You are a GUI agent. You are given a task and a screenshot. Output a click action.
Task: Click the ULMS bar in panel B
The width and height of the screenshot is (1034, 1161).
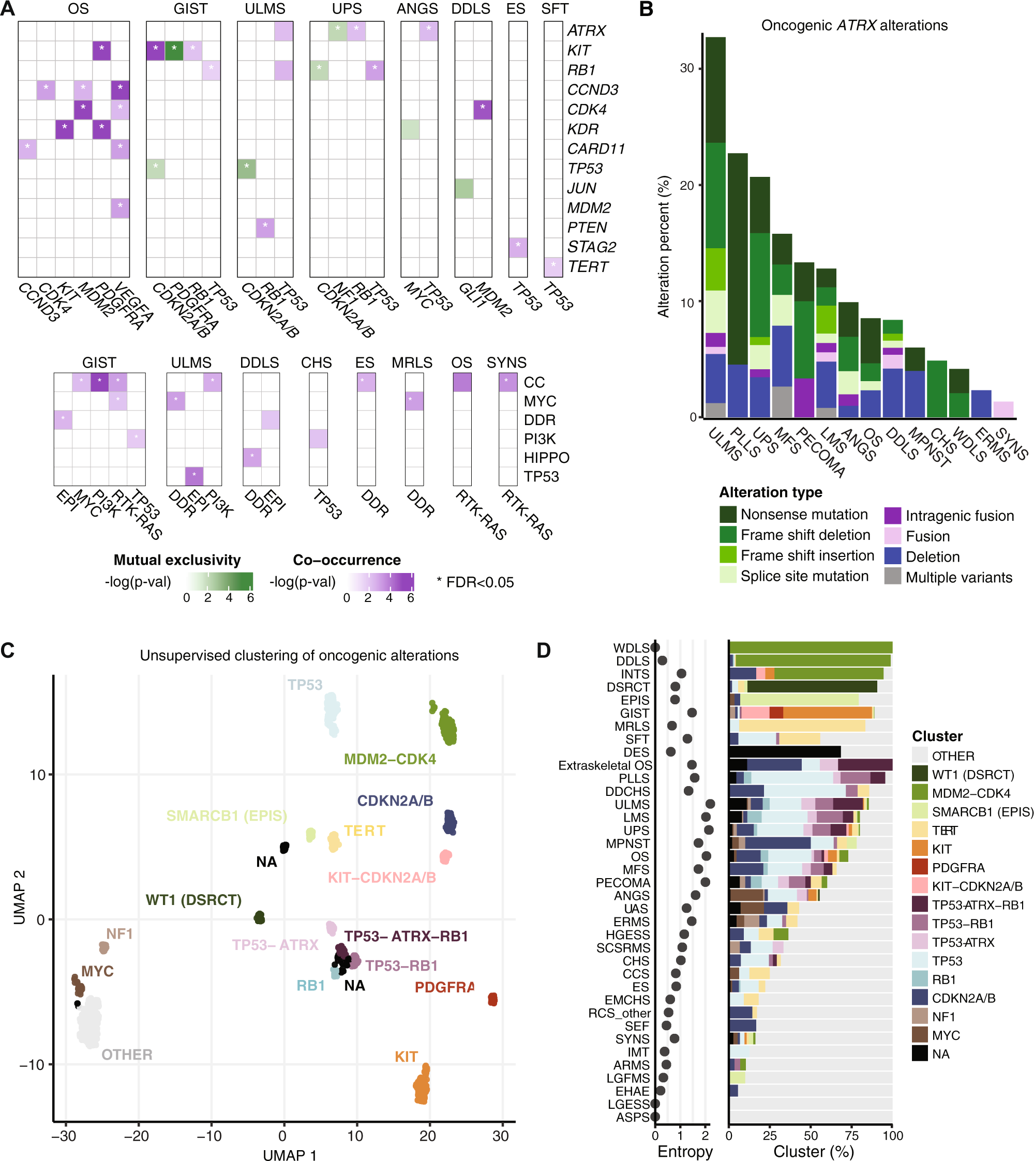point(715,227)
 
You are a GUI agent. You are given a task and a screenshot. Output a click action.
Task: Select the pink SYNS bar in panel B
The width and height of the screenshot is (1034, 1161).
point(1003,410)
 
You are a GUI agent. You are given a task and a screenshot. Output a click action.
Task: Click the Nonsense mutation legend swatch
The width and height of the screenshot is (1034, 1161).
point(728,515)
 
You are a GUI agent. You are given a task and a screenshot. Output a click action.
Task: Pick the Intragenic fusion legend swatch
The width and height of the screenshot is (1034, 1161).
point(893,516)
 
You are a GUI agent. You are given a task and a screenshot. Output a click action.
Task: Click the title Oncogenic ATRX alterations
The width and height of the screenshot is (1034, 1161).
point(854,25)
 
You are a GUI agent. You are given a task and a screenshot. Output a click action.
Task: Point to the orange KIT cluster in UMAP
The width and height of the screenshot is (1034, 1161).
point(421,1085)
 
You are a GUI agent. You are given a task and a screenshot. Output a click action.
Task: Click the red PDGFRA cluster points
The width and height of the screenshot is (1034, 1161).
point(492,999)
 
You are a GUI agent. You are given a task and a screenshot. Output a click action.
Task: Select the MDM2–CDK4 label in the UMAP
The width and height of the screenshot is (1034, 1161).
point(389,759)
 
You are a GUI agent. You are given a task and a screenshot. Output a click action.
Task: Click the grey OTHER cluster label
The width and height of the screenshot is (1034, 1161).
point(127,1054)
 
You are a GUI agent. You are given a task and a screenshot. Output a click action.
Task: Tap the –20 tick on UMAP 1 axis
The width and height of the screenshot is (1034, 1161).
point(137,1136)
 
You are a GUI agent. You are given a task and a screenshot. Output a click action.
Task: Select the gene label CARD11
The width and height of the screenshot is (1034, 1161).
point(596,149)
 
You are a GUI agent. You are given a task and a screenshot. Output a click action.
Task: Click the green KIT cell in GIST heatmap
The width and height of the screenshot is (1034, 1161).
point(174,51)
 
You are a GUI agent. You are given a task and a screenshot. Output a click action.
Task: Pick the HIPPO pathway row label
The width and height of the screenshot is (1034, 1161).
point(546,458)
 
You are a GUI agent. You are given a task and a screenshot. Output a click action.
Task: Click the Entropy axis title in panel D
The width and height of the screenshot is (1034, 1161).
point(685,1151)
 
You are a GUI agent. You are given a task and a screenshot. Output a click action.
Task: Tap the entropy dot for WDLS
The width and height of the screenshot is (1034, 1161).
point(655,647)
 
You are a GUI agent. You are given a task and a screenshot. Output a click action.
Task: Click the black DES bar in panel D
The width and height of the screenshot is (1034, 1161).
point(785,752)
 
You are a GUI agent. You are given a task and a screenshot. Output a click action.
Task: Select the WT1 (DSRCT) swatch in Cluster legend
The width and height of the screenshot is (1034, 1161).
point(920,774)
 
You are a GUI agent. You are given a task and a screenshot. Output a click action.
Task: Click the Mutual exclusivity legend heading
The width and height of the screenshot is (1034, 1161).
point(177,560)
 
